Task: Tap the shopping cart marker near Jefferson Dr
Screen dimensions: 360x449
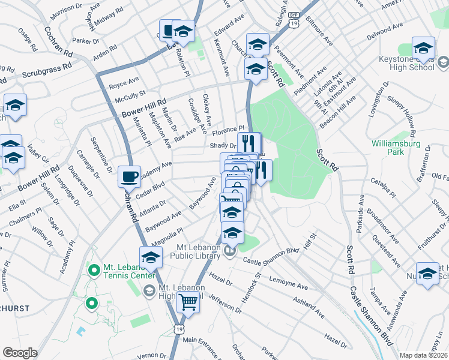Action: [x=188, y=303]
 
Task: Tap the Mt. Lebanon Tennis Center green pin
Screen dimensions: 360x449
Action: [x=92, y=271]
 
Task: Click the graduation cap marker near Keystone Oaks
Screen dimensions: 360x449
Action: [x=423, y=49]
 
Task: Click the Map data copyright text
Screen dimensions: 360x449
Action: [x=423, y=355]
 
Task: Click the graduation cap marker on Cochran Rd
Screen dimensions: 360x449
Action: [x=151, y=258]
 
